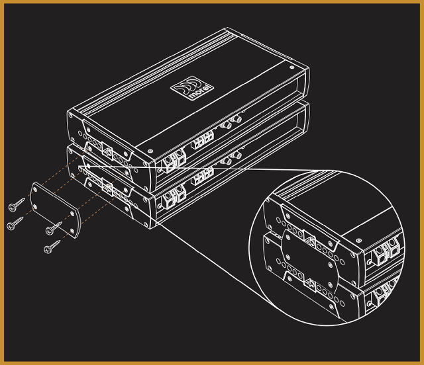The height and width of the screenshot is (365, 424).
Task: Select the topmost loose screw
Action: (16, 204)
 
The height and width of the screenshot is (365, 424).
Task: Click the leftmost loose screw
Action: (15, 223)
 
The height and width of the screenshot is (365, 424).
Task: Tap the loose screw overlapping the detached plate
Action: (54, 228)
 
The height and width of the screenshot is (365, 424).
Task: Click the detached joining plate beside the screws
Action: (55, 210)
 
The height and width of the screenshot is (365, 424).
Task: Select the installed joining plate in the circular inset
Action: (309, 262)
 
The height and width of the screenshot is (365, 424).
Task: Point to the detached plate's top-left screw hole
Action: (36, 188)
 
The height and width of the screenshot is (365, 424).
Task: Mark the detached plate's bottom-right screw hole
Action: (72, 231)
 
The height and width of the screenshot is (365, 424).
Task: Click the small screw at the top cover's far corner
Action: (291, 67)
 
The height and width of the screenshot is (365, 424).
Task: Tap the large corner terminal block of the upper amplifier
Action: (174, 161)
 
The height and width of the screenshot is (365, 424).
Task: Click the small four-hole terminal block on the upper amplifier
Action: (203, 140)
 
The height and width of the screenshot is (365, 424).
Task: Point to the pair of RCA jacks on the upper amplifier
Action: (231, 122)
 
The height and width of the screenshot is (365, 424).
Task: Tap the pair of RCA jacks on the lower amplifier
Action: (231, 158)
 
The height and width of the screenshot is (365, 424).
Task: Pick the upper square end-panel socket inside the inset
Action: (310, 239)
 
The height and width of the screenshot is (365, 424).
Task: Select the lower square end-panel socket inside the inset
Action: (310, 284)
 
